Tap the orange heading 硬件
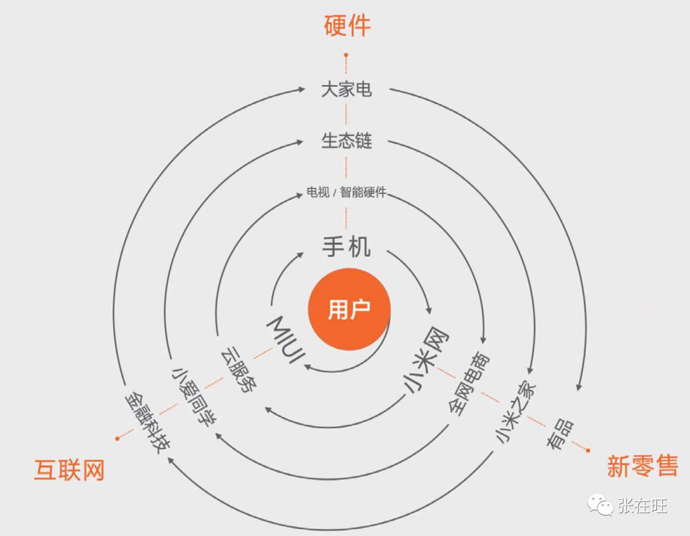point(348,26)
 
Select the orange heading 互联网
point(69,471)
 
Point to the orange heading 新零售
point(641,467)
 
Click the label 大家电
point(346,89)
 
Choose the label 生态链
point(346,141)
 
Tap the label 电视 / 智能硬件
point(346,192)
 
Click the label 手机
point(346,246)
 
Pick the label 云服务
point(238,370)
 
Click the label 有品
point(560,436)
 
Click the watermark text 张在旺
point(642,507)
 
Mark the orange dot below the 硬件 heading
point(346,56)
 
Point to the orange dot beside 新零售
point(588,450)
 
